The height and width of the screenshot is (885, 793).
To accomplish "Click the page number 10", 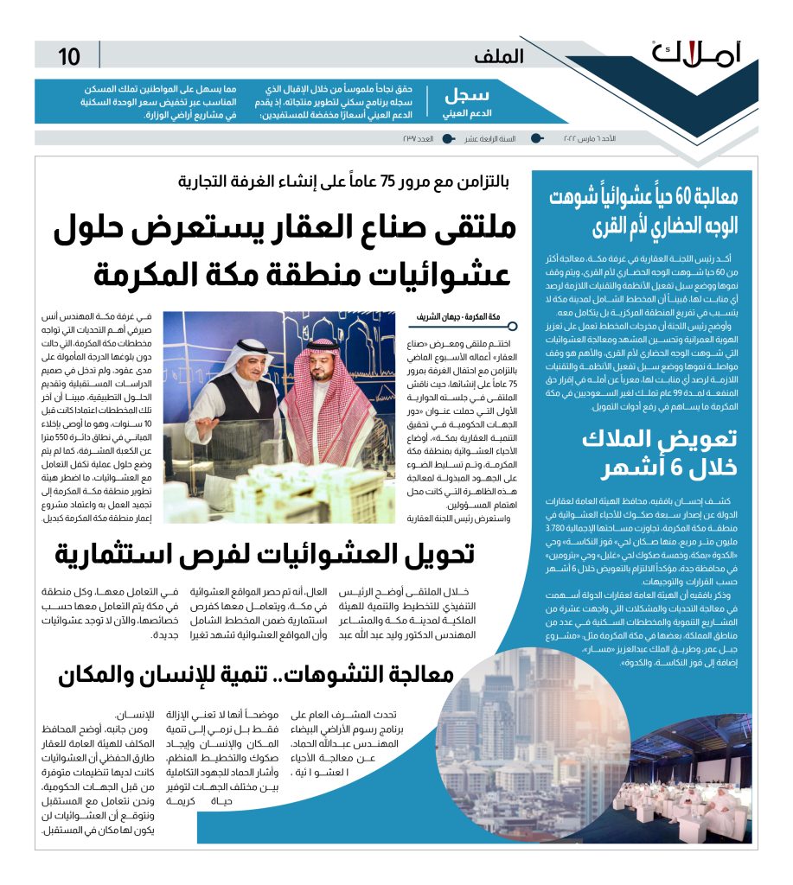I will (69, 57).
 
